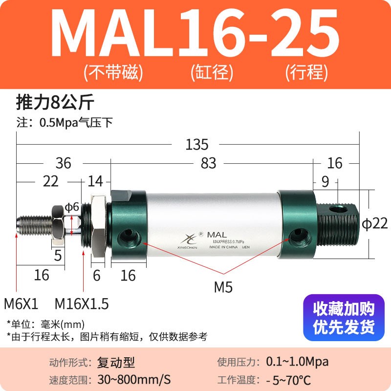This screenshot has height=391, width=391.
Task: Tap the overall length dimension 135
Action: coord(197,145)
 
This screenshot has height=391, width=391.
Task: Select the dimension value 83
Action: coord(209,163)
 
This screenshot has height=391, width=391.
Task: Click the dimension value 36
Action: coord(63,163)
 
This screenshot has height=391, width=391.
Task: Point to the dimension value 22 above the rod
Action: coord(51,181)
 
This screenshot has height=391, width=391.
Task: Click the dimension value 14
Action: coord(96,181)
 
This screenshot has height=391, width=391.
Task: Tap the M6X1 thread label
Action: coord(21,304)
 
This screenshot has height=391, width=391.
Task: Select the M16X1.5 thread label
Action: coord(82,304)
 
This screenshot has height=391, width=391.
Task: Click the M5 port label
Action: coord(223,287)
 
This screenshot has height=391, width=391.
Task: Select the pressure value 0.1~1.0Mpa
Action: coord(297,362)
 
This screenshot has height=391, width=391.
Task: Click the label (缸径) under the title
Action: coord(211,73)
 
